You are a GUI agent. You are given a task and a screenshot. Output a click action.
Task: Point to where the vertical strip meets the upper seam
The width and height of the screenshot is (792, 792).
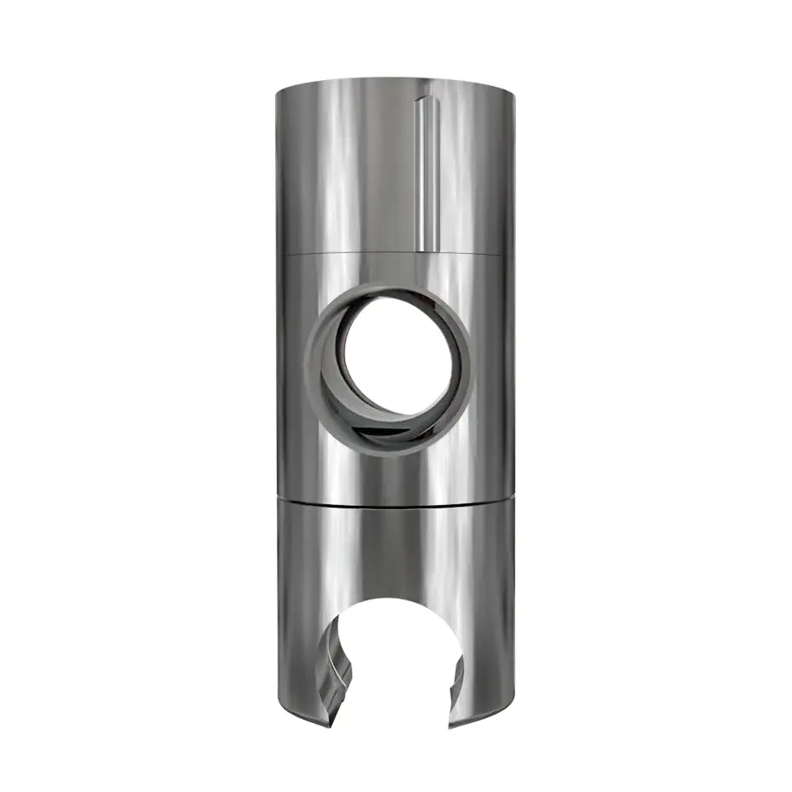coord(423,250)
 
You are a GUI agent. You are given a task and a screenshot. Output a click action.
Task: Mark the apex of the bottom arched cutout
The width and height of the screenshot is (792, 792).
coord(396,599)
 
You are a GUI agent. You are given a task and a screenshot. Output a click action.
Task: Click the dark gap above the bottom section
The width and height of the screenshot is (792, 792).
coord(395,501)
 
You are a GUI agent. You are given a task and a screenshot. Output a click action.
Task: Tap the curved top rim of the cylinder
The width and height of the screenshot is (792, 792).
coord(395,80)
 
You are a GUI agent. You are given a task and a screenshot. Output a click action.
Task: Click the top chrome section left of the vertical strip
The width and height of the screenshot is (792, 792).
coord(341,170)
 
